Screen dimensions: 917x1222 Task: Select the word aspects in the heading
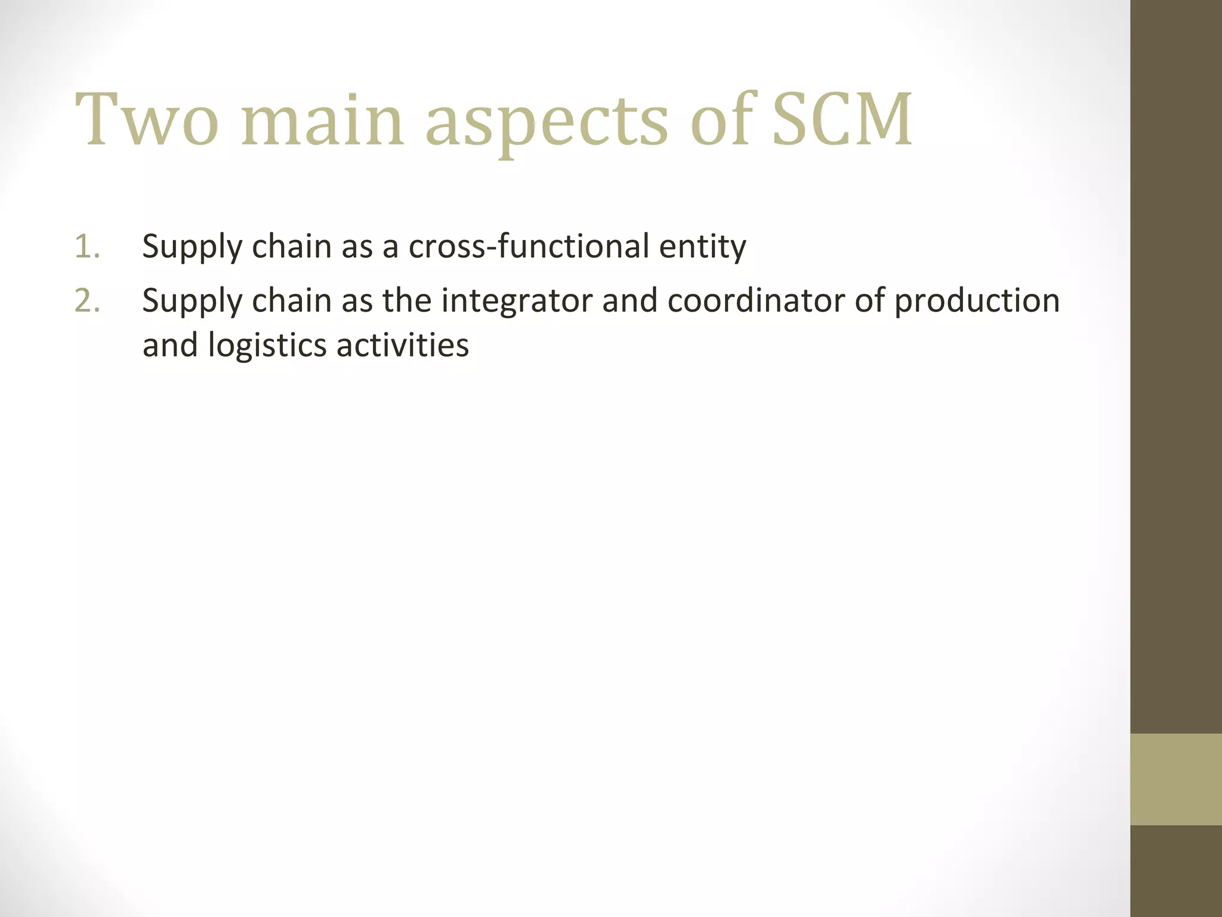point(546,122)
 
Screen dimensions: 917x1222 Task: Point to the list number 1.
point(87,247)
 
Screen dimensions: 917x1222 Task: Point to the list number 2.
point(87,300)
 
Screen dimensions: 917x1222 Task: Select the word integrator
point(516,300)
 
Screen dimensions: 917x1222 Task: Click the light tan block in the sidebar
point(1175,779)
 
